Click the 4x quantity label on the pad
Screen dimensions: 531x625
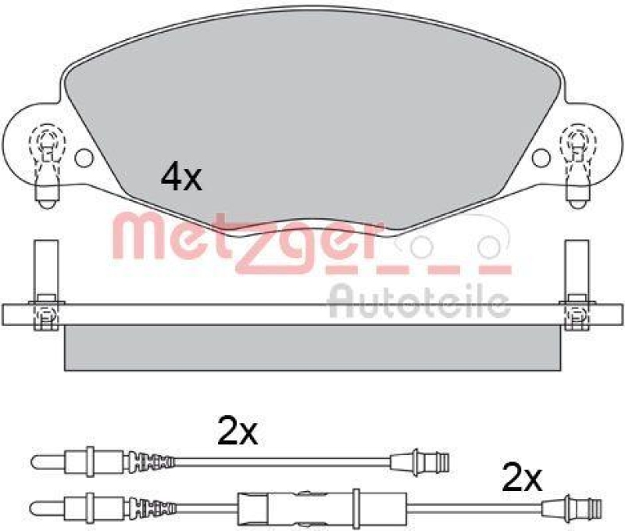pyautogui.click(x=180, y=178)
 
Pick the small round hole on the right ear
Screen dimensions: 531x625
pyautogui.click(x=540, y=157)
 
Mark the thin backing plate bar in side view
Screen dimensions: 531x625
pyautogui.click(x=312, y=314)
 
